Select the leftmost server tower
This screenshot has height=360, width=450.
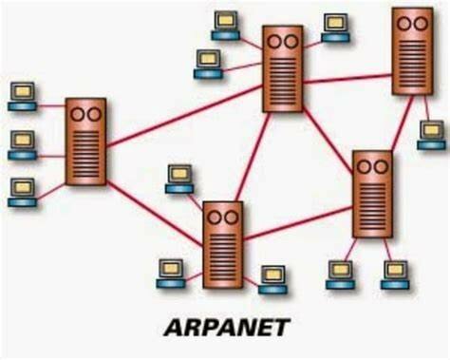coord(85,141)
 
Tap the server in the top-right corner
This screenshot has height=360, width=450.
coord(413,51)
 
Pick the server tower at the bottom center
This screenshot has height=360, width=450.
coord(223,244)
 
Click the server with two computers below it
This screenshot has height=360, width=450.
coord(371,193)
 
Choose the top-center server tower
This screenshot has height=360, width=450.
coord(282,68)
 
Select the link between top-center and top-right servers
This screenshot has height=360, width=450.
coord(347,78)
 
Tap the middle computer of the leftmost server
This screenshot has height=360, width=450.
coord(23,142)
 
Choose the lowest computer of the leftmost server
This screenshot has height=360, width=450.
coord(23,190)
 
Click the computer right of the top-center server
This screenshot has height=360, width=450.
coord(335,27)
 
